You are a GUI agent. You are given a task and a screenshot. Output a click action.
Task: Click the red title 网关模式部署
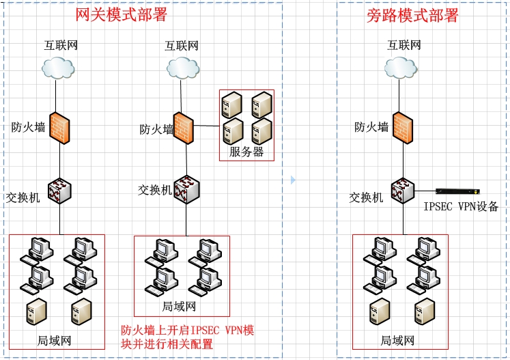(x=122, y=14)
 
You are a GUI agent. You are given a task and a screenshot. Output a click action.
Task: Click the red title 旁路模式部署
(x=412, y=15)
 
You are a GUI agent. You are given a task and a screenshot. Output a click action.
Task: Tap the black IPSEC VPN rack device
(x=458, y=191)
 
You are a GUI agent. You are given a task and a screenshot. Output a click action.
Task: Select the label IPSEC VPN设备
(x=461, y=206)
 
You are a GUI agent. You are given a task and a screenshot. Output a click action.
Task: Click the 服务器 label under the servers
(x=246, y=152)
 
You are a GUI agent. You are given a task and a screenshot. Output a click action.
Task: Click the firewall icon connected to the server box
(x=184, y=128)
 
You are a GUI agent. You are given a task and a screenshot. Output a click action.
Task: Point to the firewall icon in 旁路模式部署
(x=403, y=128)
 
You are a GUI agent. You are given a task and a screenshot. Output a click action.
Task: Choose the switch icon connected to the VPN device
(x=403, y=191)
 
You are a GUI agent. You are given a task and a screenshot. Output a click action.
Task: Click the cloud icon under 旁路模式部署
(x=401, y=68)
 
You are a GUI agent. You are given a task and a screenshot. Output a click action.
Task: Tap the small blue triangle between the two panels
(x=293, y=180)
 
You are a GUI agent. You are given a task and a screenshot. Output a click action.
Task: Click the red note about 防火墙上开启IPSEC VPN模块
(x=187, y=337)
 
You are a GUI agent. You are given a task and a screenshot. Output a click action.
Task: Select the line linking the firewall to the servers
(x=207, y=126)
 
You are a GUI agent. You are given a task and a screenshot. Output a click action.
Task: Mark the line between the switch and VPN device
(x=425, y=191)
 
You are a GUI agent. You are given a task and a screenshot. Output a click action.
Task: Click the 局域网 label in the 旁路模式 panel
(x=397, y=341)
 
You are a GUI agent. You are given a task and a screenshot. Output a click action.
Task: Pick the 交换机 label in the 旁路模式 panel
(x=366, y=197)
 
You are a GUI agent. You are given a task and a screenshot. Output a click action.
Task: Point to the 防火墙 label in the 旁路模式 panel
(x=371, y=127)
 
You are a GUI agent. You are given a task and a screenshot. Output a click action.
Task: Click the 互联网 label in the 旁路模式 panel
(x=404, y=45)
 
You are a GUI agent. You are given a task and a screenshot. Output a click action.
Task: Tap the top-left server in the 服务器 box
(x=232, y=105)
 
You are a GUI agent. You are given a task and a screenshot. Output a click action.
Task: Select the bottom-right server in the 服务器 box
(x=262, y=131)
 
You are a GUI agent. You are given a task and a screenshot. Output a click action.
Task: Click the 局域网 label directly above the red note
(x=179, y=306)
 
